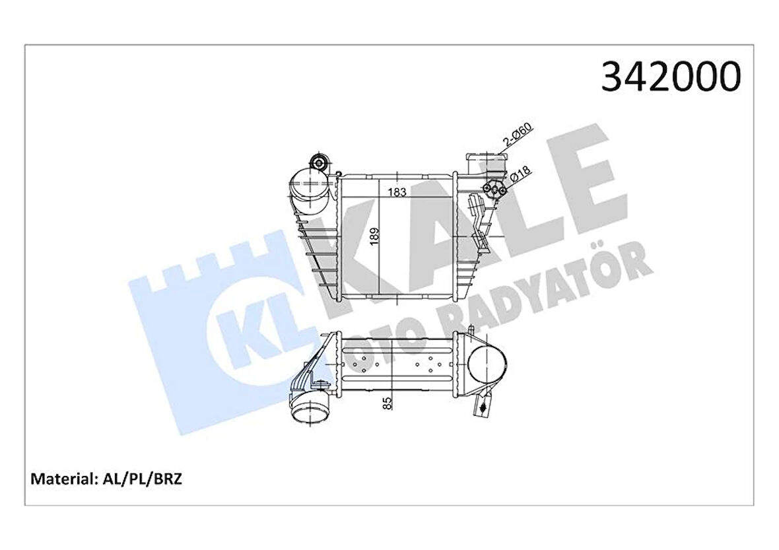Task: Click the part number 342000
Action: click(670, 77)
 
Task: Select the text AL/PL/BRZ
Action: click(141, 479)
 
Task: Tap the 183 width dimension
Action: click(397, 192)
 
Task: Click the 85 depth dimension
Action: click(388, 402)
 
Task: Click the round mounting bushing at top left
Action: click(320, 163)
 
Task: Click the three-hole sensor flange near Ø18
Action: click(495, 190)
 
